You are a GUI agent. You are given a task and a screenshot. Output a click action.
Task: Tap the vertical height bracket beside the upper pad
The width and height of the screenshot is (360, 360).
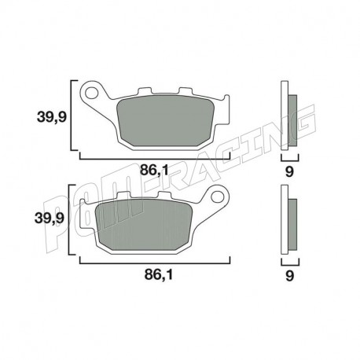[73, 115]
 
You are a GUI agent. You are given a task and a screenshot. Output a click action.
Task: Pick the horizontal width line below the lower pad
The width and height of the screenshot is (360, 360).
[154, 262]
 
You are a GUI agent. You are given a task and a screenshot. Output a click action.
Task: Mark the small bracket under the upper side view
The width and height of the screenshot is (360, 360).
[288, 156]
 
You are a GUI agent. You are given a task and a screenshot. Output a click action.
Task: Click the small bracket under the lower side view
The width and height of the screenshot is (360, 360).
[288, 260]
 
